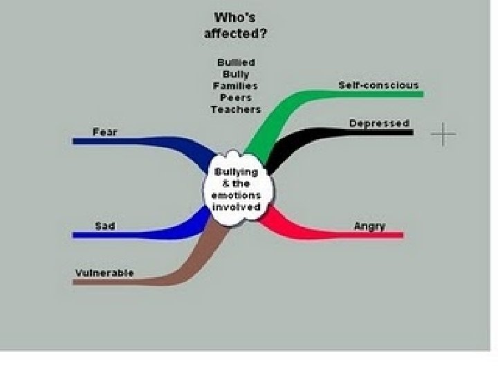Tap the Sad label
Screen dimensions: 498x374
(104, 226)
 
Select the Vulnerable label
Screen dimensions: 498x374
(104, 272)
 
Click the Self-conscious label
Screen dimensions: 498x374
(378, 85)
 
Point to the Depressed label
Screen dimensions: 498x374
(379, 123)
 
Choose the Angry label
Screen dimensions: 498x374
(369, 226)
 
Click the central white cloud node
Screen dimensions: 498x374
(237, 189)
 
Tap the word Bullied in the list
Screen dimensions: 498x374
(236, 62)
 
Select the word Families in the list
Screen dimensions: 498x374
(236, 86)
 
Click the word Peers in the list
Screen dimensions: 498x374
(236, 98)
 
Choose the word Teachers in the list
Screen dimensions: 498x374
(236, 109)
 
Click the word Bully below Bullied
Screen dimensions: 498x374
(236, 74)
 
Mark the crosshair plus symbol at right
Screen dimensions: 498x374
(443, 134)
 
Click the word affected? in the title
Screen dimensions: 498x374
(236, 33)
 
